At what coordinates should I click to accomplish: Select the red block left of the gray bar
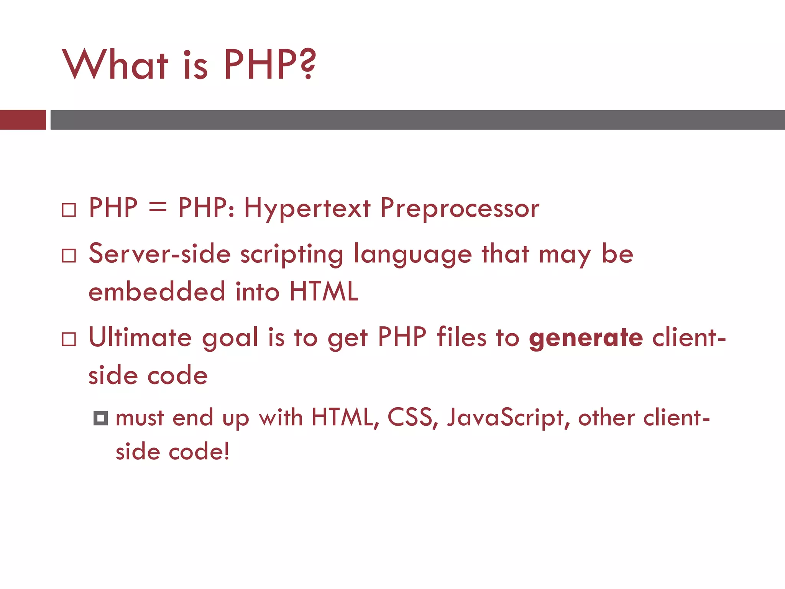click(x=23, y=120)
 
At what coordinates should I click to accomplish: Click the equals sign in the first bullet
click(x=158, y=208)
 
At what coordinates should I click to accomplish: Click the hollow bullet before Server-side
click(x=69, y=255)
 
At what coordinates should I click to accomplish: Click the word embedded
click(x=157, y=291)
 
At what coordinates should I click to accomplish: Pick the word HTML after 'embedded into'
click(x=324, y=291)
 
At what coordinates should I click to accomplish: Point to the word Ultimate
click(x=140, y=337)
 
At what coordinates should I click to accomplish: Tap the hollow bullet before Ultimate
click(x=69, y=339)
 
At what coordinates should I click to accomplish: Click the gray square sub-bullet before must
click(x=101, y=418)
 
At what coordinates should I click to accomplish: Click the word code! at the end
click(x=199, y=452)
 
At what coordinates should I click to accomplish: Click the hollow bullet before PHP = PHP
click(x=69, y=210)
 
